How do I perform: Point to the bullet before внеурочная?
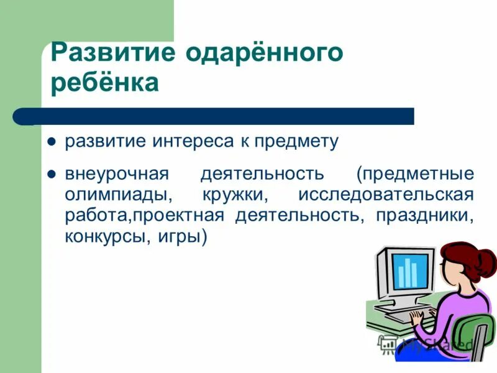coord(53,172)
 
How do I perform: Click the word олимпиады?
coord(118,194)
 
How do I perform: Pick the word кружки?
coord(235,194)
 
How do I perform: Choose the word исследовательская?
coord(386,194)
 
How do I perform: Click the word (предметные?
coord(415,173)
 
